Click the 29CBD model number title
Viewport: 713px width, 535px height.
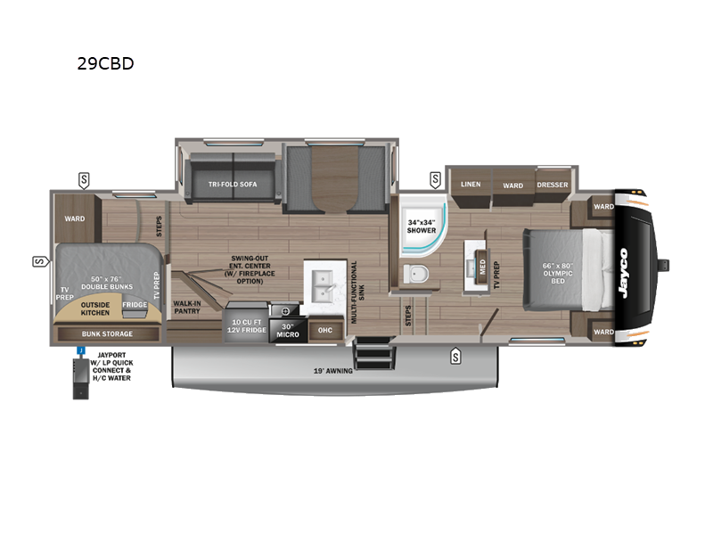tap(105, 63)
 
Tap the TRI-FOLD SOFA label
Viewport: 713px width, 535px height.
tap(233, 185)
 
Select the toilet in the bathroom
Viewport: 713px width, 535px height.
tap(416, 274)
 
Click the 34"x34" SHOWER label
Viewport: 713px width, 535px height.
tap(421, 226)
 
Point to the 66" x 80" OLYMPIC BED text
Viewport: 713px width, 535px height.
tap(558, 273)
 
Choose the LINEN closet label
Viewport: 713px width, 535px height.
tap(471, 185)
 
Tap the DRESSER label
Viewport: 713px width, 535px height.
tap(552, 185)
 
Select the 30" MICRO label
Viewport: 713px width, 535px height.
tap(287, 330)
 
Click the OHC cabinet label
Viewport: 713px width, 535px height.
tap(324, 330)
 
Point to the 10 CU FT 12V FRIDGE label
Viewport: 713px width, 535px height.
tap(247, 325)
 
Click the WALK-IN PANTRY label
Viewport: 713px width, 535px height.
tap(187, 307)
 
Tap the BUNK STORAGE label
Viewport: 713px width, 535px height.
tap(107, 333)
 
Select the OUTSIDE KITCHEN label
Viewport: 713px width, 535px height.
tap(95, 309)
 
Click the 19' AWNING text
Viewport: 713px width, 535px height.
tap(332, 371)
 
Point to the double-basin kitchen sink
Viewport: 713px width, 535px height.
tap(324, 285)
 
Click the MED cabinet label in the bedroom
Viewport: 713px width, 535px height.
tap(482, 266)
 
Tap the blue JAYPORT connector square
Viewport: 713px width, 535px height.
tap(81, 350)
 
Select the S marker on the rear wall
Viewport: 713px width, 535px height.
tap(40, 261)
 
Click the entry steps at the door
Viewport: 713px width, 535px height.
tap(373, 353)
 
